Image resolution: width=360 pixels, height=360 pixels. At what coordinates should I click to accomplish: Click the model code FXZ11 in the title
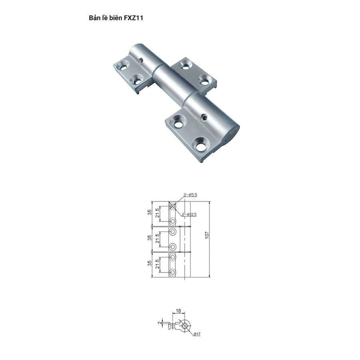[133, 18]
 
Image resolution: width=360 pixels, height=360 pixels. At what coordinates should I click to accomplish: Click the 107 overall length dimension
[207, 235]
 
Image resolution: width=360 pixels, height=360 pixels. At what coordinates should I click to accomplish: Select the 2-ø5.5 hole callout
[190, 195]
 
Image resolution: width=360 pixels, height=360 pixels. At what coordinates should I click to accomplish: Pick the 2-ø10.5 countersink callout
[189, 215]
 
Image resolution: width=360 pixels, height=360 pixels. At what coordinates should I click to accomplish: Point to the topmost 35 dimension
[150, 212]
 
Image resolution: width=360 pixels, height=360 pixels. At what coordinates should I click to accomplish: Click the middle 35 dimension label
[150, 238]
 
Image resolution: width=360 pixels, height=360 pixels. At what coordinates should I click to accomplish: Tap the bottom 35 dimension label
[150, 263]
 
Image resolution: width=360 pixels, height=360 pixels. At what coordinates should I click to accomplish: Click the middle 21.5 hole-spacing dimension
[157, 238]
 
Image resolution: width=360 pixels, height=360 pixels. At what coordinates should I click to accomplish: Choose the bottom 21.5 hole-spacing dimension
[157, 264]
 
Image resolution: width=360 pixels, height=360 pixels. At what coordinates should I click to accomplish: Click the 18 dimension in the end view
[178, 311]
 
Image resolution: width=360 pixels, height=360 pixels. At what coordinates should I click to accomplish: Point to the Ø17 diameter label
[197, 334]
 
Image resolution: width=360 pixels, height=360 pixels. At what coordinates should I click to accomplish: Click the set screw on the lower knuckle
[204, 118]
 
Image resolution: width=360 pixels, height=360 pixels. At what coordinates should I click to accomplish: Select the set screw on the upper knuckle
[141, 60]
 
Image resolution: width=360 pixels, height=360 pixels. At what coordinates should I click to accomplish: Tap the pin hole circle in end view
[184, 326]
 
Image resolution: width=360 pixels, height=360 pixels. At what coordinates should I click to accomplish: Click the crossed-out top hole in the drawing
[172, 206]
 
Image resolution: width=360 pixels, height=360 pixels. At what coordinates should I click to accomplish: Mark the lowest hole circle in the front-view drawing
[172, 273]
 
